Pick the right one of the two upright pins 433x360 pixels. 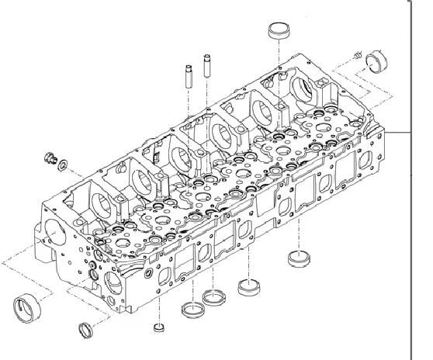tap(207, 67)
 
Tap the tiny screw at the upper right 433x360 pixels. tap(357, 55)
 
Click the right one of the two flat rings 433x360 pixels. tap(213, 297)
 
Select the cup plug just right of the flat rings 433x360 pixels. tap(248, 287)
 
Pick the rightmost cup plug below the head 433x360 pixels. tap(297, 256)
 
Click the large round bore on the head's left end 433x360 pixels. tap(55, 234)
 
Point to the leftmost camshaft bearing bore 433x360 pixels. tap(102, 203)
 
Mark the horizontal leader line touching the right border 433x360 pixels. tap(400, 133)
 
